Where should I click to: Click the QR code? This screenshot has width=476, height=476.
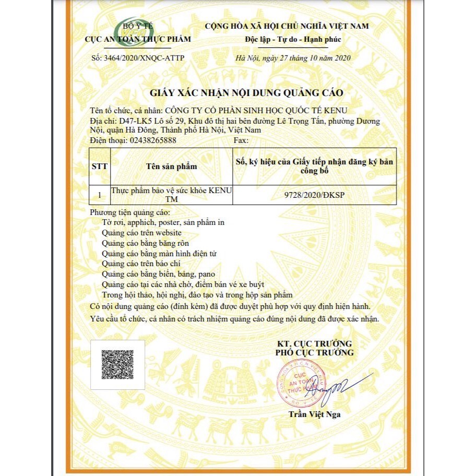pos(117,364)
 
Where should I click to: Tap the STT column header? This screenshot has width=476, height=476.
pos(99,166)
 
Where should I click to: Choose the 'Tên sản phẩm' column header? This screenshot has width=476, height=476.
pos(172,166)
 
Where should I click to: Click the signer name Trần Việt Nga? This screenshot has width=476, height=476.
pos(315,414)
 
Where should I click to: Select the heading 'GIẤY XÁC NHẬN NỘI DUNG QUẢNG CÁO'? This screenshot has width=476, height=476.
pos(246,93)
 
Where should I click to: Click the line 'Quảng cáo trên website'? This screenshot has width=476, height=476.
pos(142,233)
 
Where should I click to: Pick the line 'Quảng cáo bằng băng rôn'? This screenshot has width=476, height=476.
pos(146,243)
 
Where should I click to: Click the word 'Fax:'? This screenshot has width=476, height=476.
pos(241,140)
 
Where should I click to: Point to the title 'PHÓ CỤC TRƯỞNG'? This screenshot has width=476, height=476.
pos(314,352)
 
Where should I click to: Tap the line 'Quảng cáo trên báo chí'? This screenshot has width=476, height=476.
pos(142,264)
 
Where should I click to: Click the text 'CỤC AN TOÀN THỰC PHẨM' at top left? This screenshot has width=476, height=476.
pos(138,39)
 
